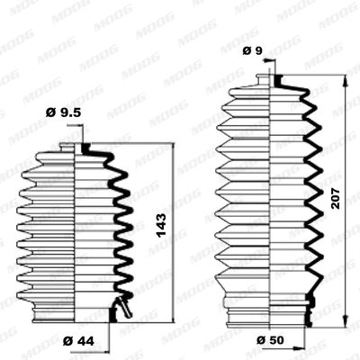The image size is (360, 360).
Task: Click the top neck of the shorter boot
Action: [x=76, y=148]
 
